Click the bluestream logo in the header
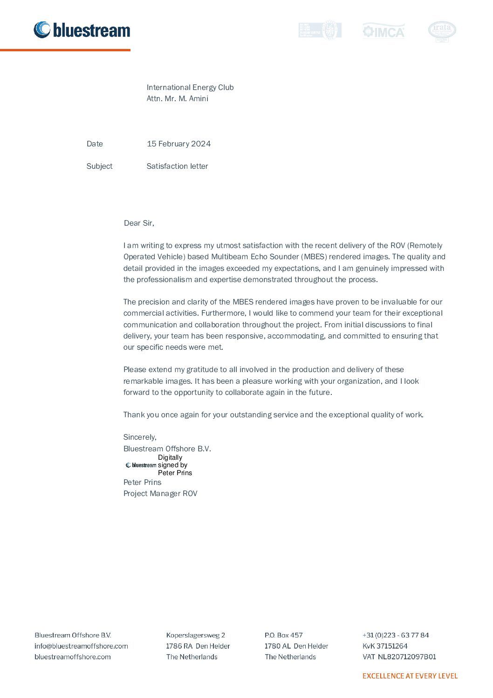82,30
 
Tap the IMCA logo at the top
383,31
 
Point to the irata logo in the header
442,31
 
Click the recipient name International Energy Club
190,87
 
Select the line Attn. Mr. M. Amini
178,99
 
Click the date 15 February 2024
178,144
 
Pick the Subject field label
99,166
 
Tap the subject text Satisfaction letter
177,166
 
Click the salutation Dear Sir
139,223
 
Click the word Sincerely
140,437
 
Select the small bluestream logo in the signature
141,465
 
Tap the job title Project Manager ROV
160,493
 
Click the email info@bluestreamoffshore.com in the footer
81,646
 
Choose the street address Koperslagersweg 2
196,635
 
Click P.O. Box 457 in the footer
283,635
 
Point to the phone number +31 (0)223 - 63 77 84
396,635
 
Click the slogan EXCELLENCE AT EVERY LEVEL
410,676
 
